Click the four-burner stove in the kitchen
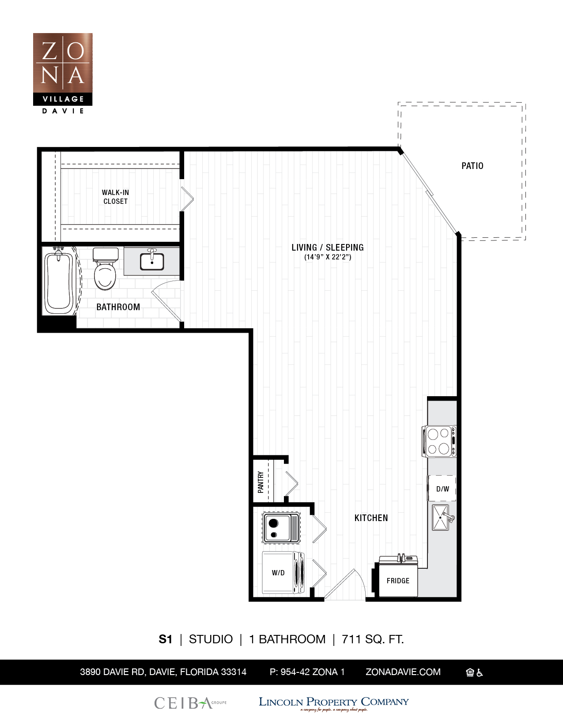[438, 441]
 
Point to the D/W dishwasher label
[442, 489]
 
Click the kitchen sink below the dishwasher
[441, 518]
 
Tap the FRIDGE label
[398, 581]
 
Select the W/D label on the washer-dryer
[278, 573]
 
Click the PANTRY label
[261, 482]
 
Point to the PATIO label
[472, 166]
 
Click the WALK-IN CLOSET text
[115, 197]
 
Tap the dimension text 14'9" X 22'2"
[328, 257]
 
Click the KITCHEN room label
[371, 518]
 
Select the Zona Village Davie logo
[63, 73]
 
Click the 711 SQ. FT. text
[373, 639]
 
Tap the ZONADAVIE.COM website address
[403, 672]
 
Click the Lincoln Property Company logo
[333, 703]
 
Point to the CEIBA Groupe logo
[190, 703]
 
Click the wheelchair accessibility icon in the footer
[480, 672]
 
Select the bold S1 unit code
[165, 639]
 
